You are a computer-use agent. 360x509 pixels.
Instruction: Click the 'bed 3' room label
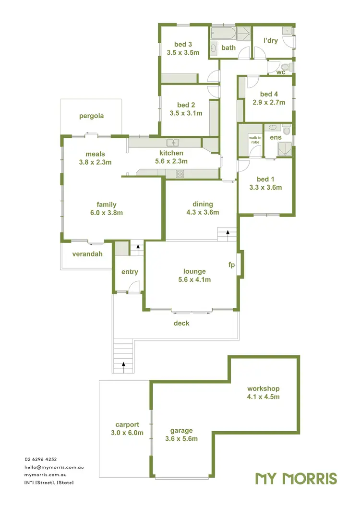coord(183,45)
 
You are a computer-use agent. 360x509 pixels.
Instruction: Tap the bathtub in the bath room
coord(223,34)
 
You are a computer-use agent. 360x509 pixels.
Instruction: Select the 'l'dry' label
coord(270,40)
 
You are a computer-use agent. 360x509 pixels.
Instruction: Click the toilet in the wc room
coord(286,66)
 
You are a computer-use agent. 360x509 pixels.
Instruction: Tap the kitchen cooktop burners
coord(180,173)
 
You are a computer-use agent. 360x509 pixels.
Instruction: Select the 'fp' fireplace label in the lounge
coord(231,265)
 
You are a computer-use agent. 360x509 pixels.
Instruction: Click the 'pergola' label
coord(91,116)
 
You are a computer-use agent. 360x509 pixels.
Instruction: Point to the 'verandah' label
coord(87,254)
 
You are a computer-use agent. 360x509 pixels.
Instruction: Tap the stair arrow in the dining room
coord(228,232)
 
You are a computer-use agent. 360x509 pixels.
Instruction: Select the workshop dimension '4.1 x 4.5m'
coord(263,397)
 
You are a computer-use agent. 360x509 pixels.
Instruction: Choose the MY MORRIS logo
coord(296,478)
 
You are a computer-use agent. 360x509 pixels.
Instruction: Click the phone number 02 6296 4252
coord(41,460)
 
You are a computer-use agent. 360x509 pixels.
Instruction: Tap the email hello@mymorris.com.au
coord(54,467)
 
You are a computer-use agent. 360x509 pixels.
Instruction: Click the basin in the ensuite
coord(274,127)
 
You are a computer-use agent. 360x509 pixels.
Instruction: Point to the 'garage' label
coord(181,431)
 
